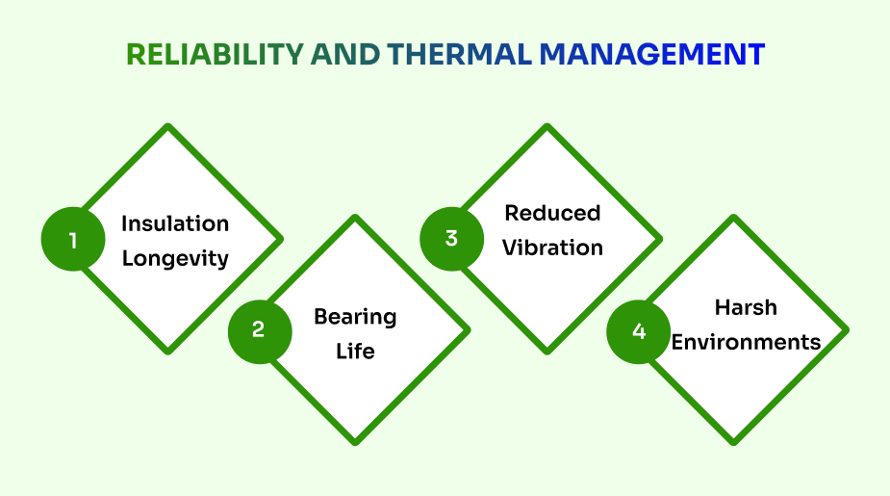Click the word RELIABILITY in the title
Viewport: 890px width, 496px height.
click(215, 54)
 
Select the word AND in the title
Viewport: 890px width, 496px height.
click(343, 54)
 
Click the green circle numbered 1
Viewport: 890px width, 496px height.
click(73, 239)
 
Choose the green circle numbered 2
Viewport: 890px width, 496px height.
click(259, 329)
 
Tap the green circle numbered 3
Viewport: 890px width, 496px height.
click(451, 238)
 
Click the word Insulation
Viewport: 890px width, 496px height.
click(175, 223)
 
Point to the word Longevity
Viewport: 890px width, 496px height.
click(175, 258)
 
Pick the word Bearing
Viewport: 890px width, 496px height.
click(355, 317)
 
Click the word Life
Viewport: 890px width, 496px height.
click(355, 351)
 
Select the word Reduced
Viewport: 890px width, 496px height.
click(552, 213)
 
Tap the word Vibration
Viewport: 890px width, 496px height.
click(552, 248)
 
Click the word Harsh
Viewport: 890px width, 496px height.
click(746, 307)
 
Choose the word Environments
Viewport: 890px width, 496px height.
click(746, 342)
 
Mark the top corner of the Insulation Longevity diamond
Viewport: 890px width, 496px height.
click(168, 127)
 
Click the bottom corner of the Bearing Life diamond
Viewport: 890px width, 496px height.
click(355, 442)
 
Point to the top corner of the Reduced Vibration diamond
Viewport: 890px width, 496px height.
click(547, 127)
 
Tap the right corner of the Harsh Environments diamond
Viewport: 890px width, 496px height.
click(846, 330)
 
